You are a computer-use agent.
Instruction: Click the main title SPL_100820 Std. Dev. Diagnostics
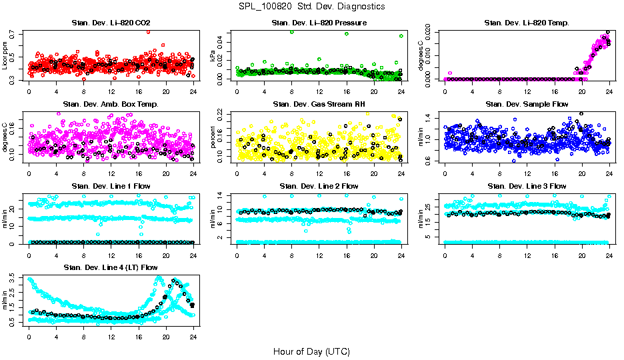[311, 6]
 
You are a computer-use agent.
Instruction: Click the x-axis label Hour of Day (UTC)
[311, 351]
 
